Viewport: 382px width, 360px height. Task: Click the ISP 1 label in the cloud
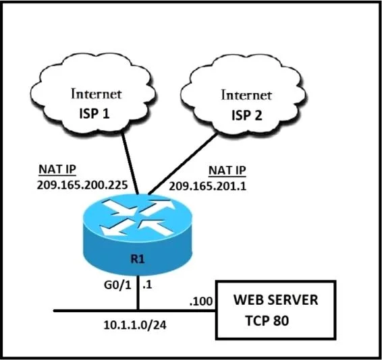click(x=94, y=113)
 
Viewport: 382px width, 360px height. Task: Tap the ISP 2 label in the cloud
click(x=247, y=115)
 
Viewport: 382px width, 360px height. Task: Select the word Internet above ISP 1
click(x=97, y=94)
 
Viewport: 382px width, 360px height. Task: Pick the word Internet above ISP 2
click(x=246, y=95)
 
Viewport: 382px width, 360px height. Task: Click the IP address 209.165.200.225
click(x=82, y=185)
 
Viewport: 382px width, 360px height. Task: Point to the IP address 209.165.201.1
click(x=208, y=187)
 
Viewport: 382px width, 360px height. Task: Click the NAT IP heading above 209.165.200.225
click(x=57, y=169)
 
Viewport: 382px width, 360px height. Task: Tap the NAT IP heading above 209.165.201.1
click(x=227, y=171)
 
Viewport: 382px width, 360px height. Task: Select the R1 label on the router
click(x=138, y=259)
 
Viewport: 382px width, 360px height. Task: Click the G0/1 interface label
click(x=117, y=284)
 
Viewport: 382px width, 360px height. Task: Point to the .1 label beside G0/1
click(x=147, y=284)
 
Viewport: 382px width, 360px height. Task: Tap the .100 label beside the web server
click(x=201, y=301)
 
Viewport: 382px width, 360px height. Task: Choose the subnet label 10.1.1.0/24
click(x=135, y=325)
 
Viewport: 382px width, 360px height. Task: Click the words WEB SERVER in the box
click(x=276, y=299)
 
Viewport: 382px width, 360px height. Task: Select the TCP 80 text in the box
click(x=267, y=320)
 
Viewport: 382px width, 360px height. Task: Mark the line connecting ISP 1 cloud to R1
click(x=130, y=164)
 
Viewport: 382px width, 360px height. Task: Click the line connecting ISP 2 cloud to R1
click(x=182, y=164)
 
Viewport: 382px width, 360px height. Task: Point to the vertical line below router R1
click(x=138, y=293)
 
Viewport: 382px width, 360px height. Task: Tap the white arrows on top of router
click(x=138, y=218)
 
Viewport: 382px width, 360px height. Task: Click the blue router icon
click(x=138, y=235)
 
